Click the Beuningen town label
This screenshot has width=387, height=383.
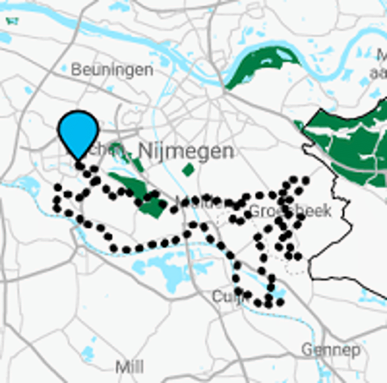tap(112, 70)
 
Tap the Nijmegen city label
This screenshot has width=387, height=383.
tap(186, 151)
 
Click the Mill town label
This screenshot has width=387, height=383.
tap(130, 367)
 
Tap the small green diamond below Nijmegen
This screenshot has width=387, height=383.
tap(188, 170)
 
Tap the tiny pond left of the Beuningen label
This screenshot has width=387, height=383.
tap(64, 69)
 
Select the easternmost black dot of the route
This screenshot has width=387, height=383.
tap(305, 180)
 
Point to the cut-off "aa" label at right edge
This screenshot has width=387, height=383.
tap(378, 74)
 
